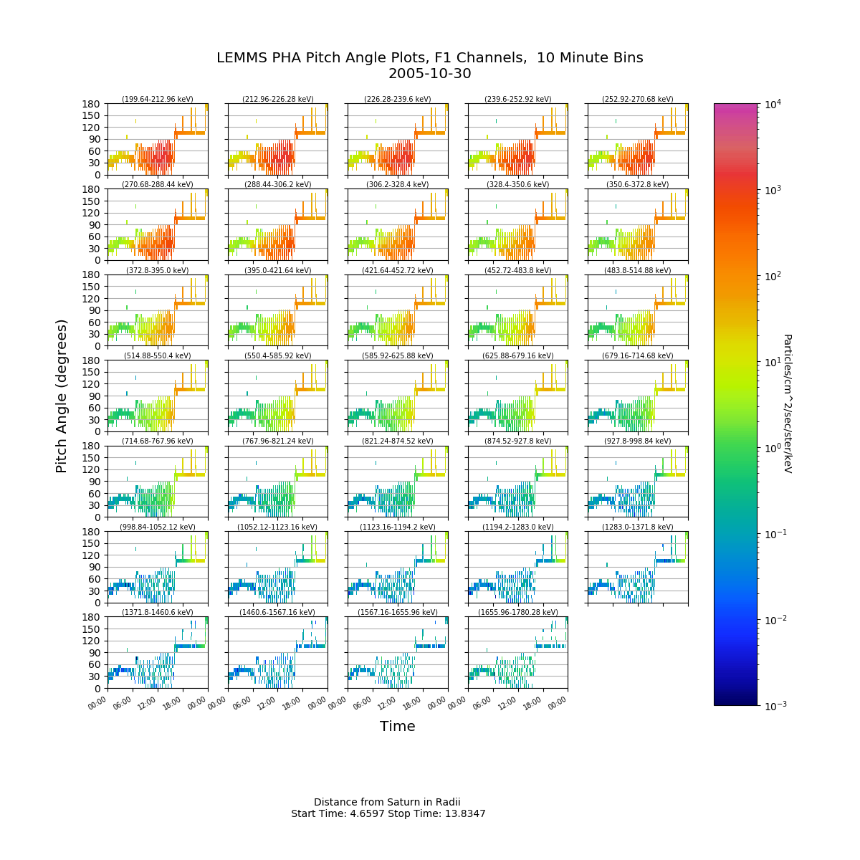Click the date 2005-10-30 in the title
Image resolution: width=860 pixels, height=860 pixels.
429,74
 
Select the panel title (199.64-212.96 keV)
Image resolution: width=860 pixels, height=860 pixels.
158,99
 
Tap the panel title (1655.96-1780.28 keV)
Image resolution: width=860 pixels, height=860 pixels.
517,612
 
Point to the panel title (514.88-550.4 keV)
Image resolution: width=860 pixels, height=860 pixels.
158,355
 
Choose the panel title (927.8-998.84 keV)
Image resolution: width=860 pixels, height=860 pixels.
638,441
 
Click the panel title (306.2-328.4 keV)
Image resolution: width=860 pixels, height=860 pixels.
398,184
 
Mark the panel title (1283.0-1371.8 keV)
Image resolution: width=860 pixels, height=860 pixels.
638,527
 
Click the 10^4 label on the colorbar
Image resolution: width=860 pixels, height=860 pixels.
773,105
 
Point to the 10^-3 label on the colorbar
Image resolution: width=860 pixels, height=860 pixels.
774,706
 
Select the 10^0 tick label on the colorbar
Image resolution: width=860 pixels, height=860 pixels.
773,448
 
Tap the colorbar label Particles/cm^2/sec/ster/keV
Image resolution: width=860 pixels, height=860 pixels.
788,403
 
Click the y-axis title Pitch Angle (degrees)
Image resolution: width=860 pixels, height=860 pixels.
61,396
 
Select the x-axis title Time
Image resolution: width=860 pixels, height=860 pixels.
397,726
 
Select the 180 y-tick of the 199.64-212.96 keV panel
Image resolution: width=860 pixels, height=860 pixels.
91,104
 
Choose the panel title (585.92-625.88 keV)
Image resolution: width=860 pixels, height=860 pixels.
398,355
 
